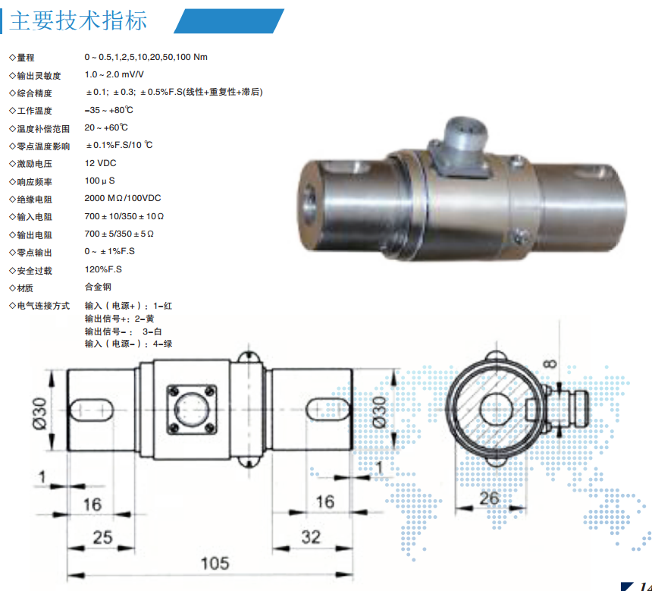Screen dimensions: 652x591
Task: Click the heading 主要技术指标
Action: coord(78,20)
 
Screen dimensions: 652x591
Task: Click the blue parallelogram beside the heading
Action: coord(229,20)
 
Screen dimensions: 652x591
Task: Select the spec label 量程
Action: coord(26,58)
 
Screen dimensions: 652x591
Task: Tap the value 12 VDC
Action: coord(100,163)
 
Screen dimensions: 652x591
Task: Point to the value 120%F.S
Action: coord(103,269)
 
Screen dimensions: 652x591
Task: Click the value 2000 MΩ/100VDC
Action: coord(123,198)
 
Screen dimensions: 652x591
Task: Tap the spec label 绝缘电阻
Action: coord(35,200)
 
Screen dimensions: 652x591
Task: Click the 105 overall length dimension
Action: coord(215,564)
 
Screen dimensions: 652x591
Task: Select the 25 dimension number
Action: coord(102,537)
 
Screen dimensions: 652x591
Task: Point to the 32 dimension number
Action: coord(311,537)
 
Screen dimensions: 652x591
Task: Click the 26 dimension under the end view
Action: coord(489,498)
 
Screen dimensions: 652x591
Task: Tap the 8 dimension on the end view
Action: coord(550,363)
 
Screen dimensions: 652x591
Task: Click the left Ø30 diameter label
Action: coord(40,413)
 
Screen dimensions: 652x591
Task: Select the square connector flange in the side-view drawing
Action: coord(192,410)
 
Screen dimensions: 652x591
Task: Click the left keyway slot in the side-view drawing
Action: coord(92,410)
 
